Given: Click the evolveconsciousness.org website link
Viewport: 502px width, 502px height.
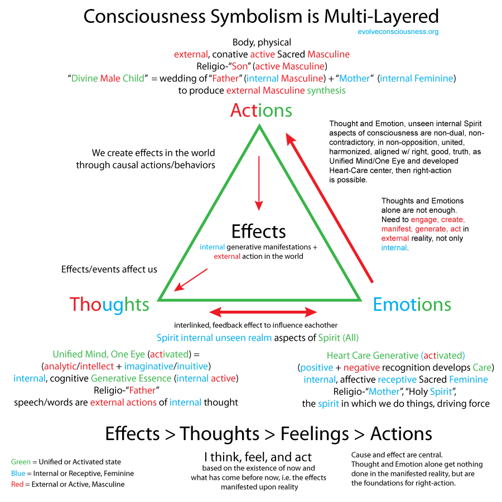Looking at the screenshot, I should (398, 32).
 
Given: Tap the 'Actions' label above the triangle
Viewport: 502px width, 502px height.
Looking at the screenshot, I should (261, 110).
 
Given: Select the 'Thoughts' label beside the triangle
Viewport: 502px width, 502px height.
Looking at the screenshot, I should (109, 304).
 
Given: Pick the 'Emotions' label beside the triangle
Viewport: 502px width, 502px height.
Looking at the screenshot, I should (412, 304).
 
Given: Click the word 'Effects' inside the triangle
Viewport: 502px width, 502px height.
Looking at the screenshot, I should (259, 231).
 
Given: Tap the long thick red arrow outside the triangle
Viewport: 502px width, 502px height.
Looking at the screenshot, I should (329, 206).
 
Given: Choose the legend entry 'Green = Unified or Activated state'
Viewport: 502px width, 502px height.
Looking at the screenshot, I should (66, 462).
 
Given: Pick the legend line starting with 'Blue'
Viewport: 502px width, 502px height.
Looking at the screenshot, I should (73, 474).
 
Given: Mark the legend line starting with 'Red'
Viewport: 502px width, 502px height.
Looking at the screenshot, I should (67, 484).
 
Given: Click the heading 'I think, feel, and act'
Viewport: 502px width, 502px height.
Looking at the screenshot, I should (258, 457).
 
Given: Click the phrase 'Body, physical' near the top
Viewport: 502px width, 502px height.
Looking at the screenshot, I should (262, 42).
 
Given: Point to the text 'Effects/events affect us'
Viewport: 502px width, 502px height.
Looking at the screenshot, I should (109, 269).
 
